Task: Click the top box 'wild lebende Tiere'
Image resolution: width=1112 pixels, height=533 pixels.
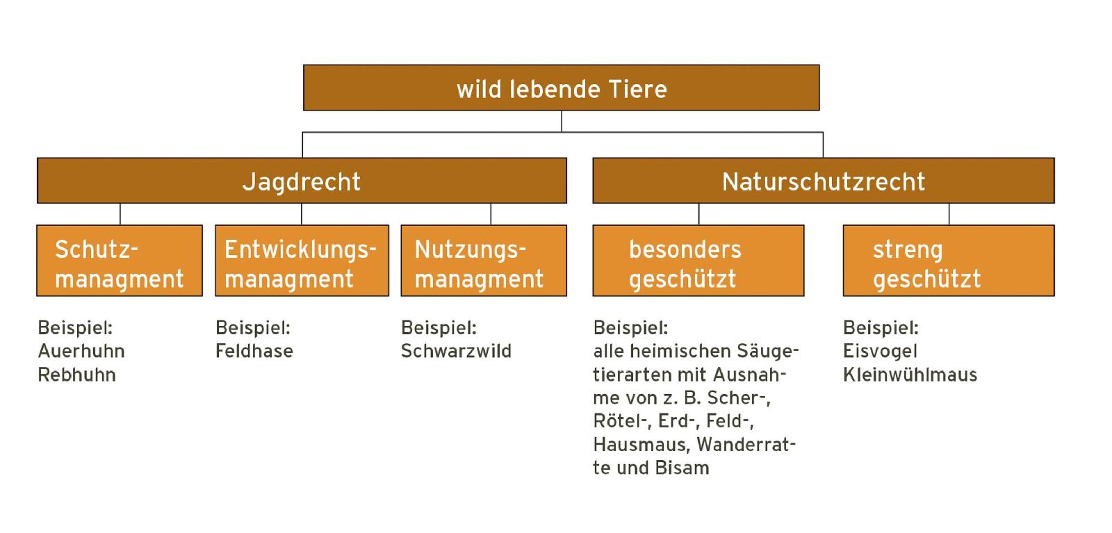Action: [562, 88]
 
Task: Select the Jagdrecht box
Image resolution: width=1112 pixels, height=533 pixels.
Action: [302, 181]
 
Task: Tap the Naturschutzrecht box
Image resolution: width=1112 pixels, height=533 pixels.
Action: [824, 181]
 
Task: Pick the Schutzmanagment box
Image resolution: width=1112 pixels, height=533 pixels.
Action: [120, 261]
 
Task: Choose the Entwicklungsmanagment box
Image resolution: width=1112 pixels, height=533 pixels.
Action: [302, 261]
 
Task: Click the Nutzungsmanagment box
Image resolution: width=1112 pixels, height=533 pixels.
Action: [484, 261]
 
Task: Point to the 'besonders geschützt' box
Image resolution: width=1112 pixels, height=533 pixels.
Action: [698, 261]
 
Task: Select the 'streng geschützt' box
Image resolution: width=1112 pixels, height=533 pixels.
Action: [949, 261]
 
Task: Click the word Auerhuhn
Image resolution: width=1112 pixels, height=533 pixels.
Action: [81, 352]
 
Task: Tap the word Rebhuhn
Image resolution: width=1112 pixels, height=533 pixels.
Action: [77, 375]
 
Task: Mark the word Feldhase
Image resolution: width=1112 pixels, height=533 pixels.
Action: [254, 352]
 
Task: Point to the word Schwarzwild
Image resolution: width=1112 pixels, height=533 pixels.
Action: [456, 352]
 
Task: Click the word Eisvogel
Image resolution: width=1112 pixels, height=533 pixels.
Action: [880, 352]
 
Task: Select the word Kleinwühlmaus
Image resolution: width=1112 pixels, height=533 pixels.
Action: [910, 375]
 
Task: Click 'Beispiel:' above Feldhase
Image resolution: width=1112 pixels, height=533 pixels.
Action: [253, 328]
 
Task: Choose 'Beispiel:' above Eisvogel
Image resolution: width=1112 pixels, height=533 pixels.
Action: [881, 328]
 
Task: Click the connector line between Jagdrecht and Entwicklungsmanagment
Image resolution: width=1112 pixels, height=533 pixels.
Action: [302, 215]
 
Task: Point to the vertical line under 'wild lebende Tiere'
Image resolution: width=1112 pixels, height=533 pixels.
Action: [562, 122]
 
